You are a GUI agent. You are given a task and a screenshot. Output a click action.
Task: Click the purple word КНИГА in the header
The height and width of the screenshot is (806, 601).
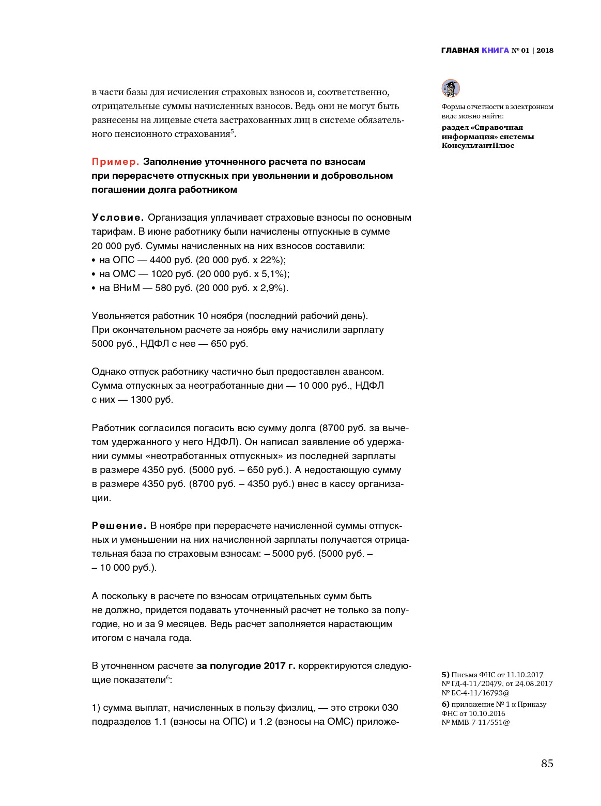(x=495, y=50)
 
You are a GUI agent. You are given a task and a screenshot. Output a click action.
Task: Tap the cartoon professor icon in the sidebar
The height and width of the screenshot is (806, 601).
(x=451, y=88)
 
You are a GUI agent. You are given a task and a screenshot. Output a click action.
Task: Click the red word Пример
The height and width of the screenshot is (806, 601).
(x=115, y=162)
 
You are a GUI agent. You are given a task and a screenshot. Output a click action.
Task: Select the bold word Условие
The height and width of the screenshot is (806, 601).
(x=117, y=218)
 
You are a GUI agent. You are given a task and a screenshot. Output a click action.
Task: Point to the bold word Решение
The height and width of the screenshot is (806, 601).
(x=119, y=526)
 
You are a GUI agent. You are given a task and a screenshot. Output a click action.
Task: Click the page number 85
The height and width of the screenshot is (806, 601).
(x=547, y=764)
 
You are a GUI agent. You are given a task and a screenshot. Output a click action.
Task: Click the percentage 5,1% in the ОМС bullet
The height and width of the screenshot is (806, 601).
(x=273, y=274)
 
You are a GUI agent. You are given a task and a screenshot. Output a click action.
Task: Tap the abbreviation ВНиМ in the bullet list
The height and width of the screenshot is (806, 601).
(x=126, y=288)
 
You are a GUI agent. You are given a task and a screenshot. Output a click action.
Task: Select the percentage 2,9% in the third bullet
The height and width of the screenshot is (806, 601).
(x=272, y=288)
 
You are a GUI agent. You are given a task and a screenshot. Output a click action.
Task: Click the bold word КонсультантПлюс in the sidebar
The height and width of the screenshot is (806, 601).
(x=477, y=146)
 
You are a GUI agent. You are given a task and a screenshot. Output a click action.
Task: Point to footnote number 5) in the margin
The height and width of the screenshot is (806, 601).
(x=445, y=675)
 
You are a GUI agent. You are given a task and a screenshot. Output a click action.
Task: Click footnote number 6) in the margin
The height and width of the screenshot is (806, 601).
(x=445, y=704)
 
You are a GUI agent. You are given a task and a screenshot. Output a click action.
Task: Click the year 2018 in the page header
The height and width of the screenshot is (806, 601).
(x=545, y=50)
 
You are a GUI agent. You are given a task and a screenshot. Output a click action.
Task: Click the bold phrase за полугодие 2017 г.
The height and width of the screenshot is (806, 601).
(x=245, y=666)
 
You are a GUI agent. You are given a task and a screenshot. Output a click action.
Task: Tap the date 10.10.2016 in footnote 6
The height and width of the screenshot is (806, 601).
(x=487, y=713)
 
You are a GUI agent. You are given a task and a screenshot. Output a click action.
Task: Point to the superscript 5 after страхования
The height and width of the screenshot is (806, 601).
(x=233, y=131)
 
